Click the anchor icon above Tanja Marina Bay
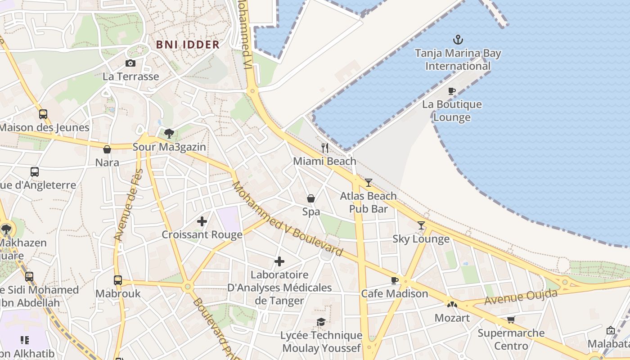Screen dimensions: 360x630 (458, 40)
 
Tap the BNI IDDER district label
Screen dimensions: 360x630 (188, 45)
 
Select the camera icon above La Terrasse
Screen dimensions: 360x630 (130, 63)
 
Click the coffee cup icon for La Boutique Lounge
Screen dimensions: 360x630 (452, 91)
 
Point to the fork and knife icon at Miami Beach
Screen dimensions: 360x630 (325, 148)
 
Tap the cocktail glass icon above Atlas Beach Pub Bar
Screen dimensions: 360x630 (369, 182)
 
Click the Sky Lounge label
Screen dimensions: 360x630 (421, 239)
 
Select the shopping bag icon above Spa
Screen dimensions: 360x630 (311, 198)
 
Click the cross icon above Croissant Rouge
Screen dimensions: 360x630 (202, 221)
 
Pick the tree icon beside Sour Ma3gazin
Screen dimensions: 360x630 (169, 133)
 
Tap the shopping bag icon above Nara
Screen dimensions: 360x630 (107, 149)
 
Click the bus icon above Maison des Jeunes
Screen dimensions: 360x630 (43, 114)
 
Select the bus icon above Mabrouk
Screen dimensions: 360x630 (118, 280)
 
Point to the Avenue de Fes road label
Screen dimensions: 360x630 (128, 205)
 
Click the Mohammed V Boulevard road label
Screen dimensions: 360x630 (288, 219)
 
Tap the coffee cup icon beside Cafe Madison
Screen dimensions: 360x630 (395, 280)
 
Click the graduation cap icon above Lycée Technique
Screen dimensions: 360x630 (321, 322)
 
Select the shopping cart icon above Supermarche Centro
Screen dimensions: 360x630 (511, 320)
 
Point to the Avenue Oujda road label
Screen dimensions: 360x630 (521, 297)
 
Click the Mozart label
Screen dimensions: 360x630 (452, 318)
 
